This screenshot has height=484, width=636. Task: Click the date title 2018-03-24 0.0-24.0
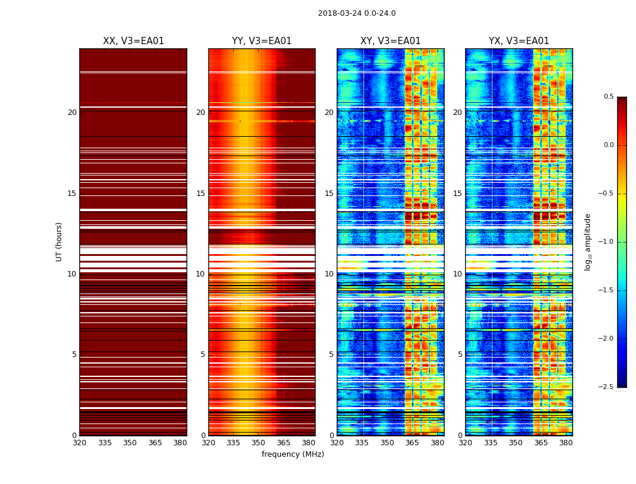357,13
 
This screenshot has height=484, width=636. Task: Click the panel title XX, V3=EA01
133,41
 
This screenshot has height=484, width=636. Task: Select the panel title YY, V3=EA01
262,41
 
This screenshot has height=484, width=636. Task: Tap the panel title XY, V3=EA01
390,41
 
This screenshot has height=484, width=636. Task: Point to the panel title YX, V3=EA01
518,41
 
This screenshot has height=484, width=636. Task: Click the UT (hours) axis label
59,241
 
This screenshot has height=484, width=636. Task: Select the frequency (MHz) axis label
293,454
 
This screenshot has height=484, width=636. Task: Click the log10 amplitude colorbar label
588,241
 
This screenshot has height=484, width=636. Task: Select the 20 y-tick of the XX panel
72,113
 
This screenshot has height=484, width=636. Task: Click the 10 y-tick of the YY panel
200,274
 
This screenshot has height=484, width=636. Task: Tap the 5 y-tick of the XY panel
331,355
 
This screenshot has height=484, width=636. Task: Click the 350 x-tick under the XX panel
130,443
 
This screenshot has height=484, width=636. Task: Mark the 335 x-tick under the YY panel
233,443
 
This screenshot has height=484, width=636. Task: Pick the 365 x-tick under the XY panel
412,443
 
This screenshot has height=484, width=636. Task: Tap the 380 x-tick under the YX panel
566,443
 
